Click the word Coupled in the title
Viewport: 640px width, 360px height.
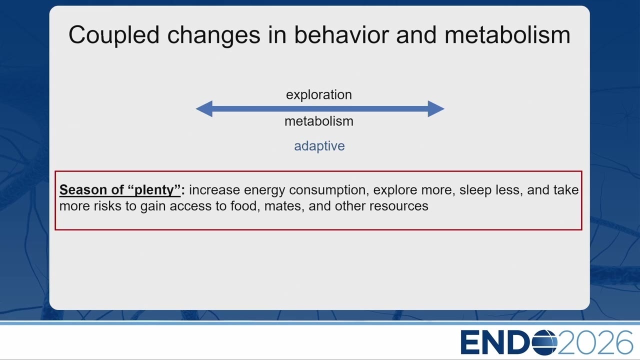113,35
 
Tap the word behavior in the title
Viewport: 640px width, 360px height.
341,35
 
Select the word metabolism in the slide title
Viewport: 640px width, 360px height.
507,35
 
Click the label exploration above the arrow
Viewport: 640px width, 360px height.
319,95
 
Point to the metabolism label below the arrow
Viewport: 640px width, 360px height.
319,121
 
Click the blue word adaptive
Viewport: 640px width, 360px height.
319,146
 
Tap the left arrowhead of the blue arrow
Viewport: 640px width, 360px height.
204,109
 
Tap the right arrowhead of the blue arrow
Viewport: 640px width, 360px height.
436,109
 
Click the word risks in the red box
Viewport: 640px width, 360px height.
107,206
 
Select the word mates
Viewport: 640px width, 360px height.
284,206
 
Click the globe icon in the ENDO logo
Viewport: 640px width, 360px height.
544,342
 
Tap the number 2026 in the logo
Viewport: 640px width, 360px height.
595,342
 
